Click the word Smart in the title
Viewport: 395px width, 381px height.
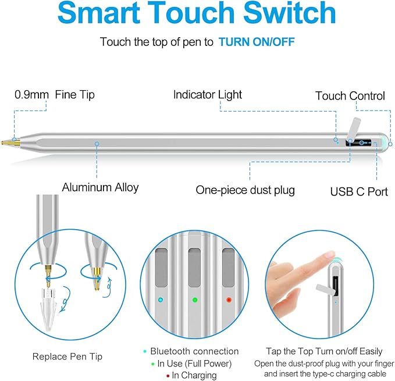(99, 13)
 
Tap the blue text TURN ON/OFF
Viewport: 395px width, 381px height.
(257, 42)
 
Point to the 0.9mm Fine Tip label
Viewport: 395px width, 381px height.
(55, 95)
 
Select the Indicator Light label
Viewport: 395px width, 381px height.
(208, 95)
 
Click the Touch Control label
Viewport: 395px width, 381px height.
(350, 96)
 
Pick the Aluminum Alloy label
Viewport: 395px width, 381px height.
(100, 187)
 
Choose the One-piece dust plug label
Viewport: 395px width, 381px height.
(245, 190)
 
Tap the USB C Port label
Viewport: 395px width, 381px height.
(359, 191)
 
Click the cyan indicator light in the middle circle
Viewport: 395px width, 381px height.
(161, 300)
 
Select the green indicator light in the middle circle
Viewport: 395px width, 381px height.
(195, 300)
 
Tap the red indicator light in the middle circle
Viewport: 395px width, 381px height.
(229, 300)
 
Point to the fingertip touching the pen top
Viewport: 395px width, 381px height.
(330, 256)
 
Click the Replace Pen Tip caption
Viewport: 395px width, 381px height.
(67, 357)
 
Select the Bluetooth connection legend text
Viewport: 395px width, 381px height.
(194, 351)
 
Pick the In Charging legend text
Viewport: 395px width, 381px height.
(194, 375)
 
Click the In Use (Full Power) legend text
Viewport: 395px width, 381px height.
(194, 364)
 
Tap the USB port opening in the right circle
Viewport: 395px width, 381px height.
(336, 286)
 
